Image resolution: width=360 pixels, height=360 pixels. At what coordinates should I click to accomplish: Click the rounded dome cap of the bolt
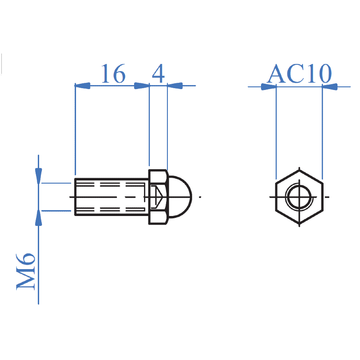(181, 197)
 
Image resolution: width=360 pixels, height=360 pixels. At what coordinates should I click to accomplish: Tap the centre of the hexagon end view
(299, 197)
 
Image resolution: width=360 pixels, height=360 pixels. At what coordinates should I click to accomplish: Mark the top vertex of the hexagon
(299, 170)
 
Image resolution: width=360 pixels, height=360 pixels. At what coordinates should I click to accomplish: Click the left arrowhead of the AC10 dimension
(269, 86)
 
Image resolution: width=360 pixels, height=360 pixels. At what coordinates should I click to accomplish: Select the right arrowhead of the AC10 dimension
(330, 86)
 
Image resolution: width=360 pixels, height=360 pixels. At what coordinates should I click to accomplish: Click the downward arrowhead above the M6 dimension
(39, 175)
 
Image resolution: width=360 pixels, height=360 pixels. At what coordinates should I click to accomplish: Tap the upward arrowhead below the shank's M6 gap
(39, 218)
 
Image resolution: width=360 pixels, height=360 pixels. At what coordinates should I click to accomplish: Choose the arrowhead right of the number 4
(175, 85)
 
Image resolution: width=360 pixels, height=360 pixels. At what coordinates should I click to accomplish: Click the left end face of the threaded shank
(75, 197)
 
